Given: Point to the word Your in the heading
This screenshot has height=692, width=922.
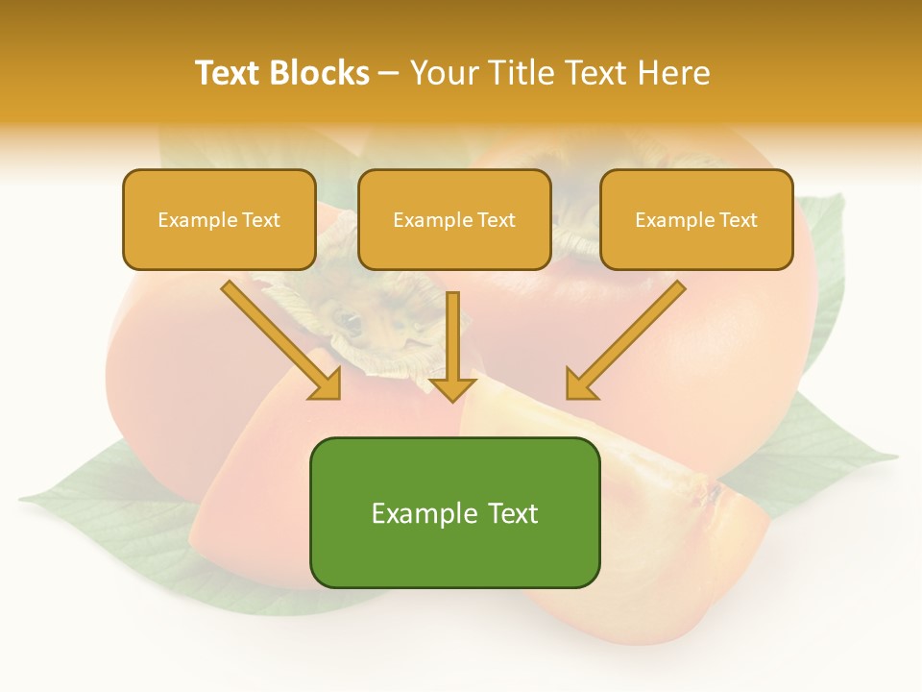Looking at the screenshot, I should [x=444, y=73].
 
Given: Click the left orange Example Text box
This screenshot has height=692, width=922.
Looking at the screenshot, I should [x=219, y=219].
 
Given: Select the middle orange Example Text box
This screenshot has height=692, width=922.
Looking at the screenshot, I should [x=454, y=219].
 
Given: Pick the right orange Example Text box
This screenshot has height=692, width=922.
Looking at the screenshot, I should [x=696, y=219].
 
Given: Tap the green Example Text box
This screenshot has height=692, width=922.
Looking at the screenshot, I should [x=454, y=512].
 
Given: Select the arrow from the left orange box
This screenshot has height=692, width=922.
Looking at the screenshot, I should [x=282, y=340].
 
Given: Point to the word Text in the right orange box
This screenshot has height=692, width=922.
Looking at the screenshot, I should [x=738, y=220].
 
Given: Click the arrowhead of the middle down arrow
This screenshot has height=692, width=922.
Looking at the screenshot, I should [x=452, y=388].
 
